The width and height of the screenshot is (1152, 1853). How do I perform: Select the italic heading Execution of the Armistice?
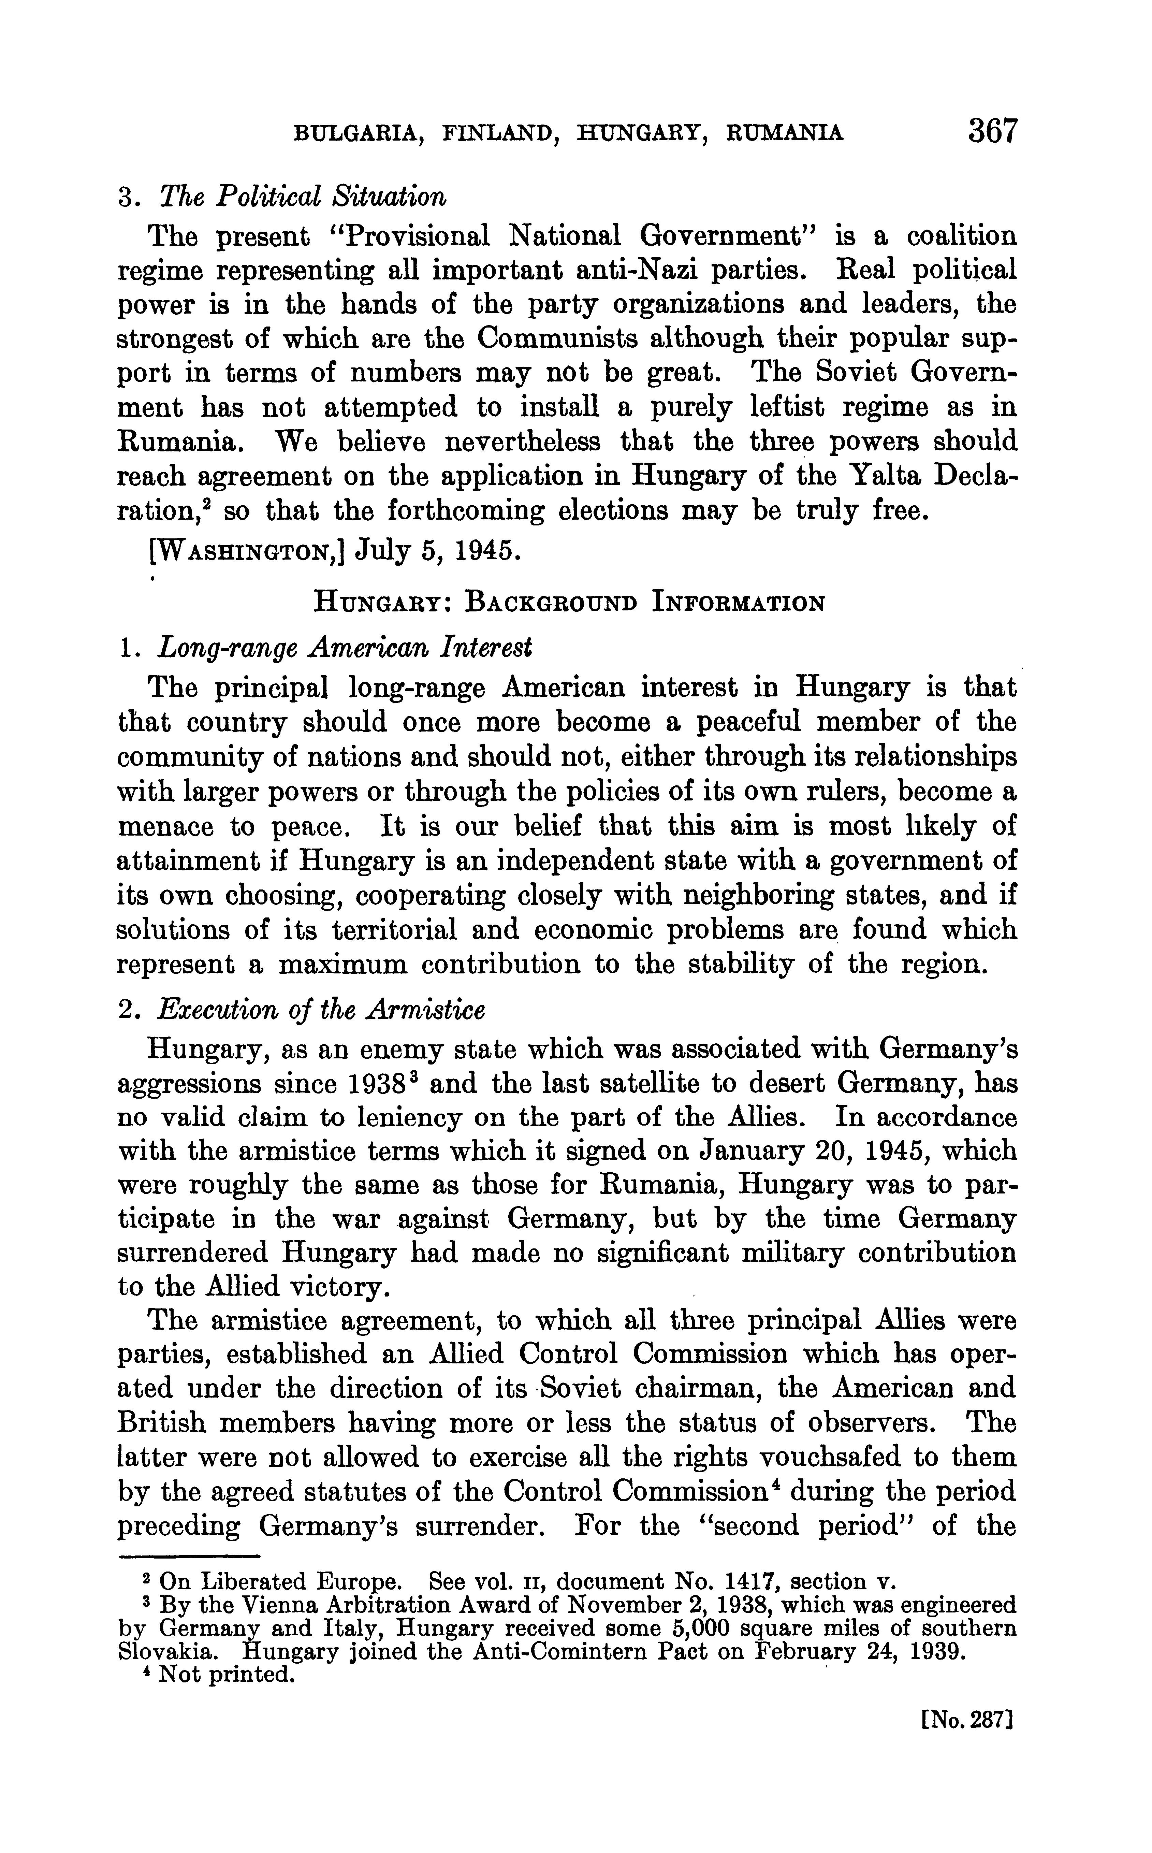(x=320, y=1010)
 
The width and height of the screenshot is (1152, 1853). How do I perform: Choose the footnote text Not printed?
(x=225, y=1676)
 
